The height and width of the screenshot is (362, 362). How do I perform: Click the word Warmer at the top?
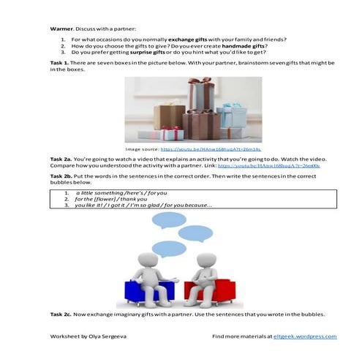[61, 28]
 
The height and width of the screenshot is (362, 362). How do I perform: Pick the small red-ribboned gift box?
[170, 134]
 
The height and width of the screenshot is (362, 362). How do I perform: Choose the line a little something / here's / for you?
[121, 192]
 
